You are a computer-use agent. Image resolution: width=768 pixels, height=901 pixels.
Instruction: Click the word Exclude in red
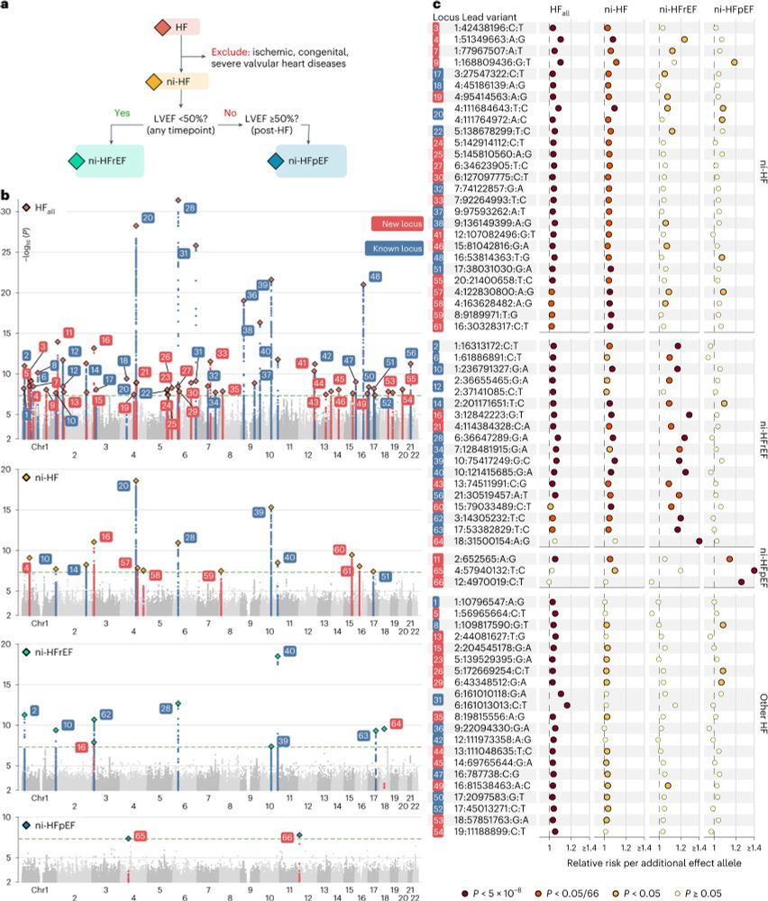(230, 53)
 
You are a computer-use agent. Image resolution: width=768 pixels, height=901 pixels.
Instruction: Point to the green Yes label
(121, 114)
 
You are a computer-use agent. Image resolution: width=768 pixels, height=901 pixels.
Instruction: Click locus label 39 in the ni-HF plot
(260, 511)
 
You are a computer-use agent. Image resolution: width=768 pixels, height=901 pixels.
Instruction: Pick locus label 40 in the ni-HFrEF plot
(289, 651)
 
